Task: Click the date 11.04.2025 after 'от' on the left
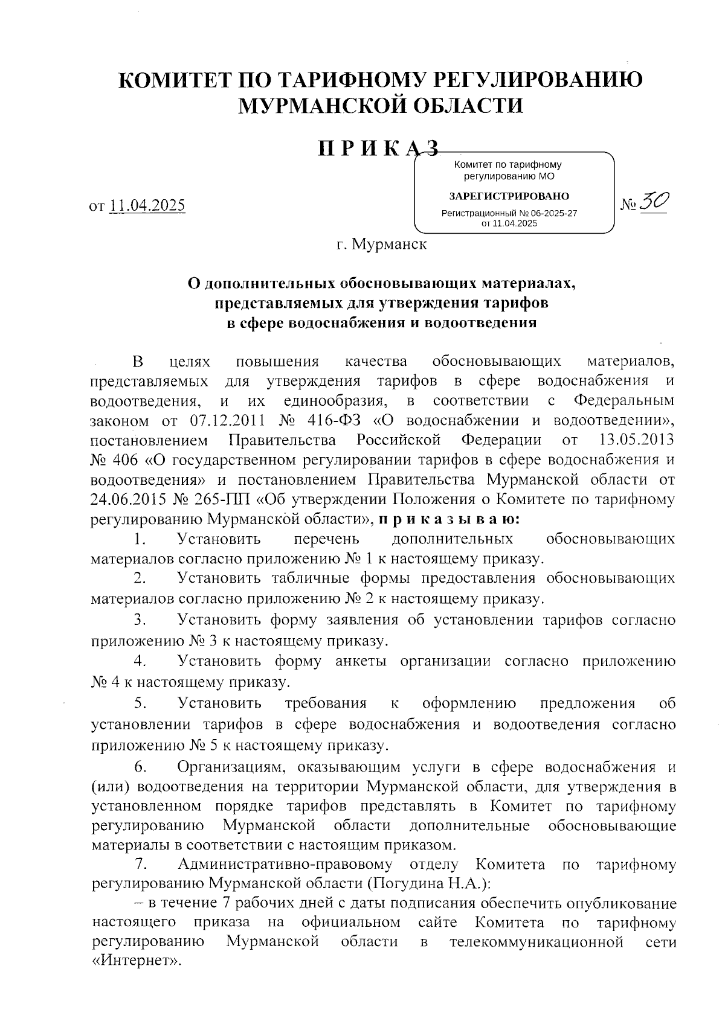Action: pyautogui.click(x=147, y=205)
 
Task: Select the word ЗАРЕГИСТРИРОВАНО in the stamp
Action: pyautogui.click(x=509, y=196)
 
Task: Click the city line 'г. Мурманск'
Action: pyautogui.click(x=382, y=245)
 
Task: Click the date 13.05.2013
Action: pyautogui.click(x=638, y=440)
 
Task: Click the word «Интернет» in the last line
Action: pyautogui.click(x=137, y=961)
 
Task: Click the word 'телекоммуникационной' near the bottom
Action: pyautogui.click(x=536, y=942)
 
